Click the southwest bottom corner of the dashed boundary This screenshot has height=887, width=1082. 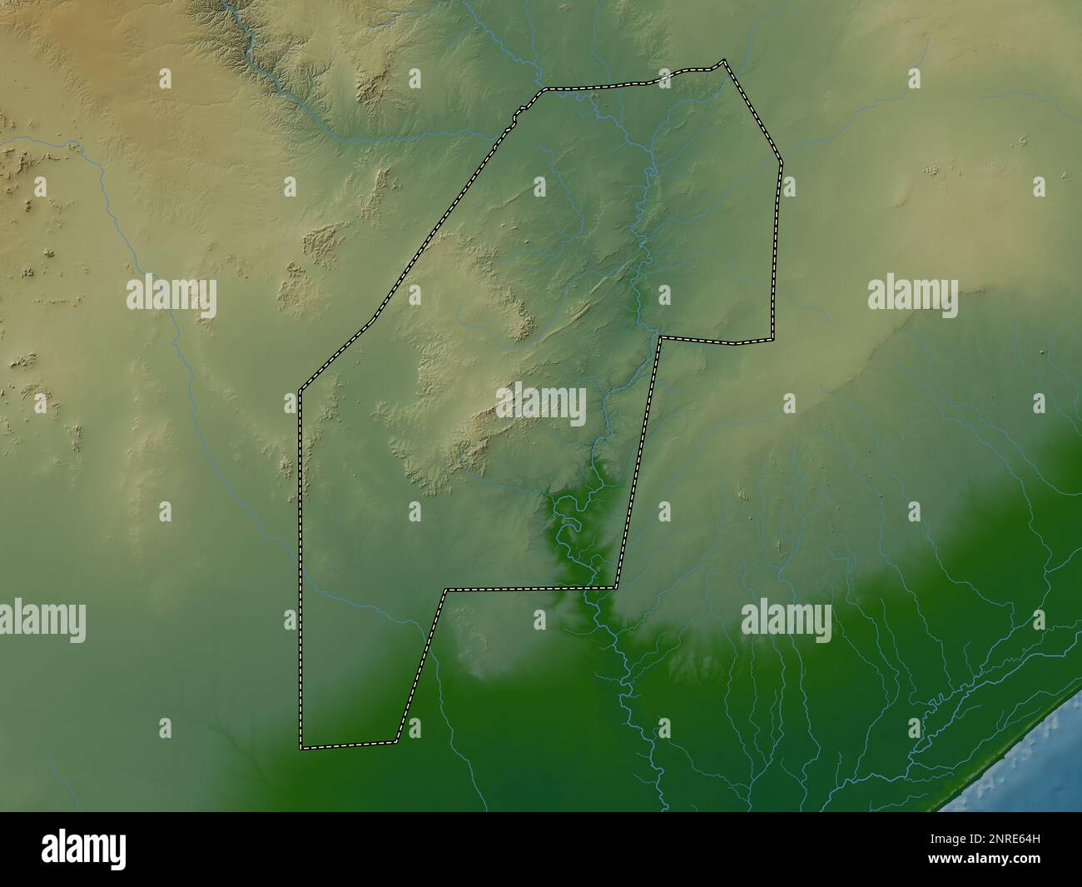click(301, 747)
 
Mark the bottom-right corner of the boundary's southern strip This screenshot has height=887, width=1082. click(396, 740)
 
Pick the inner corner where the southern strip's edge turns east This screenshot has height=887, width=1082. click(446, 590)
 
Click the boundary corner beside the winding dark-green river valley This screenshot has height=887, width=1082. click(616, 588)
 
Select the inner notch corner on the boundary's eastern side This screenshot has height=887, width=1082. click(660, 337)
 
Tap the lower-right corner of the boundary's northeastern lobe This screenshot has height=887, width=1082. click(772, 339)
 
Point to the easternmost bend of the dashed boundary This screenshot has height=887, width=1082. click(782, 163)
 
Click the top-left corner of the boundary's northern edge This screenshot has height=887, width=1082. click(544, 89)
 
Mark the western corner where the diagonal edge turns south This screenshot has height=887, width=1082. click(300, 389)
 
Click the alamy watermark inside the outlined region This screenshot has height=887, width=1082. click(542, 404)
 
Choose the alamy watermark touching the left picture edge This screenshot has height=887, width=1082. click(42, 621)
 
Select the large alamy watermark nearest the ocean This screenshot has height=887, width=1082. click(786, 621)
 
